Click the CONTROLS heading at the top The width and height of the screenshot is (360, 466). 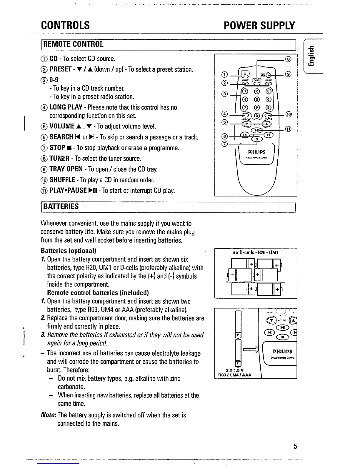[x=65, y=25]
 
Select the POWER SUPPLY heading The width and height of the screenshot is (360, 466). [x=259, y=26]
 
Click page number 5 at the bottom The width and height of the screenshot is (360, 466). [x=295, y=446]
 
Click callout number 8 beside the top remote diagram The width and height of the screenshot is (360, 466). [x=289, y=59]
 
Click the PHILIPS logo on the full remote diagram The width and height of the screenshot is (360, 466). [x=256, y=152]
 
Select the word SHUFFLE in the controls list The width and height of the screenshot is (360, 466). [x=64, y=180]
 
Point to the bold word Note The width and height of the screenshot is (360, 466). [x=49, y=415]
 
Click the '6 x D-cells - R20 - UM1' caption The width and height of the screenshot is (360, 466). [x=256, y=252]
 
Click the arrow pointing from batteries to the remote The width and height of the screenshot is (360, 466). [x=251, y=349]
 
